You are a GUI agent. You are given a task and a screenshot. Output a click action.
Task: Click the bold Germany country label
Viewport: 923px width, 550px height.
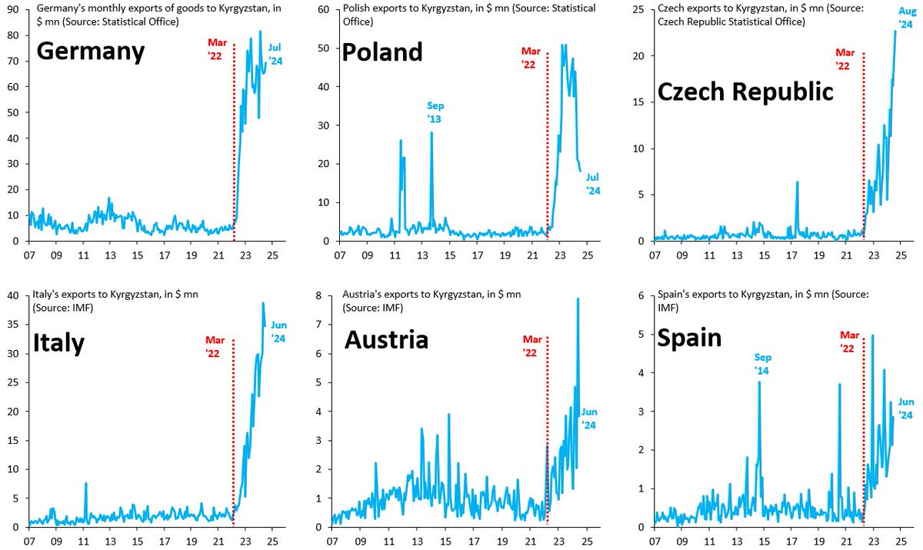[91, 52]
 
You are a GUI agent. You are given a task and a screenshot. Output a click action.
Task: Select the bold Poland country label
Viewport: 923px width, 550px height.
[382, 52]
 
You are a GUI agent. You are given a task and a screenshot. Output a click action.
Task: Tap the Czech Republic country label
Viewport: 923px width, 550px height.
[745, 92]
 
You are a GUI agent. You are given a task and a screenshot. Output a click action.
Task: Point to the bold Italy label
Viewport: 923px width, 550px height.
[58, 343]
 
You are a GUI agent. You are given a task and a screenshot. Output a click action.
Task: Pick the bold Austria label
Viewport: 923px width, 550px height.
[386, 339]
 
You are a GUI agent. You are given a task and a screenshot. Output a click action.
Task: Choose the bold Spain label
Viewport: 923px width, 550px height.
[689, 338]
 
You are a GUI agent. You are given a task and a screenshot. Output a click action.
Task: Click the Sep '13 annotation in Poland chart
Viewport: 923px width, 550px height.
[435, 112]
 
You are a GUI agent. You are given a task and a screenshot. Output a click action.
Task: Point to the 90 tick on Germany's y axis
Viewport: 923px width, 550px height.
[13, 9]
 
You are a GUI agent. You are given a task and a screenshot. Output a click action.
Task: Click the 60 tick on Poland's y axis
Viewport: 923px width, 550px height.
[325, 9]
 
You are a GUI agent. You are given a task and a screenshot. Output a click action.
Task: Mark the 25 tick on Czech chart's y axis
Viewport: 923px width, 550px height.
[638, 9]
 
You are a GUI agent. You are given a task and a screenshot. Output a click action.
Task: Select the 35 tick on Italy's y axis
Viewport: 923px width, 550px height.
[13, 325]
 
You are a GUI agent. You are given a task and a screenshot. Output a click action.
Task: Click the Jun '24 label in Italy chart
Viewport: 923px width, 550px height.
[278, 332]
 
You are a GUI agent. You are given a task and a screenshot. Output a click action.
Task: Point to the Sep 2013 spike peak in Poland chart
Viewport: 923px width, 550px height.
[432, 132]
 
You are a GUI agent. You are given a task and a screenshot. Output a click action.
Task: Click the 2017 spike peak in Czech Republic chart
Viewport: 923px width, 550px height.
[798, 182]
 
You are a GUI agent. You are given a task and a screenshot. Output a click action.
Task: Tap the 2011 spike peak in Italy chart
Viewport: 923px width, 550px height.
[85, 483]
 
